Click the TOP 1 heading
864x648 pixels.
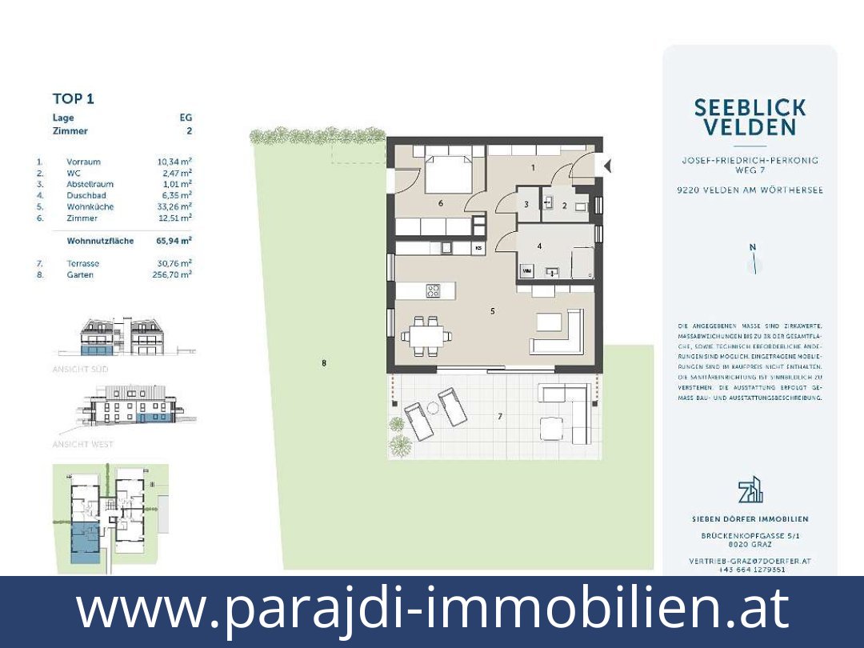click(73, 99)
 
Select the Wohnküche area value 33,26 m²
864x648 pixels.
click(174, 206)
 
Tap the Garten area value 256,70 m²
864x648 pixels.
click(174, 274)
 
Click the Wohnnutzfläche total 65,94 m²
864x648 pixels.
click(174, 240)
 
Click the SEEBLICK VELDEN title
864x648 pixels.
click(750, 117)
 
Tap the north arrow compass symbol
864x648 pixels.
click(751, 263)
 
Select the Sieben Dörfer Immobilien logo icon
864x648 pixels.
click(750, 490)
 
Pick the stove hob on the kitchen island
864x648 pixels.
click(433, 291)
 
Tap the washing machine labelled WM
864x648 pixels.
click(526, 272)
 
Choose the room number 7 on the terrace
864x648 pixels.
click(500, 416)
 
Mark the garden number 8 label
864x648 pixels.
click(324, 364)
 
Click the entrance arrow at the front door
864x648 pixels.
click(606, 166)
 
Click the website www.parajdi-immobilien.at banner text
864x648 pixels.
click(432, 610)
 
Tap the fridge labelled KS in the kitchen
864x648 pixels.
click(478, 249)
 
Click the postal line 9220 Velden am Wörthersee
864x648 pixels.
click(750, 190)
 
